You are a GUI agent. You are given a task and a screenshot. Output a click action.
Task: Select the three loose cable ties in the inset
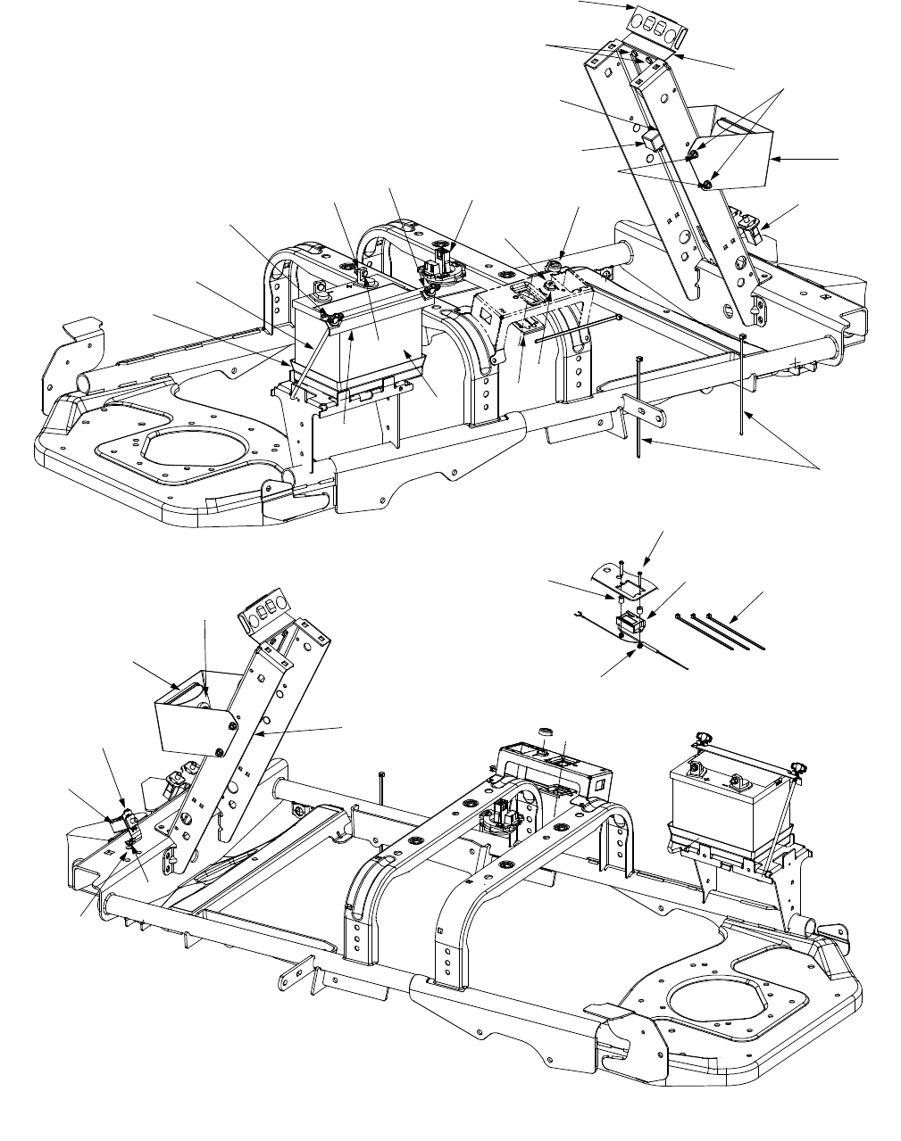point(722,631)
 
